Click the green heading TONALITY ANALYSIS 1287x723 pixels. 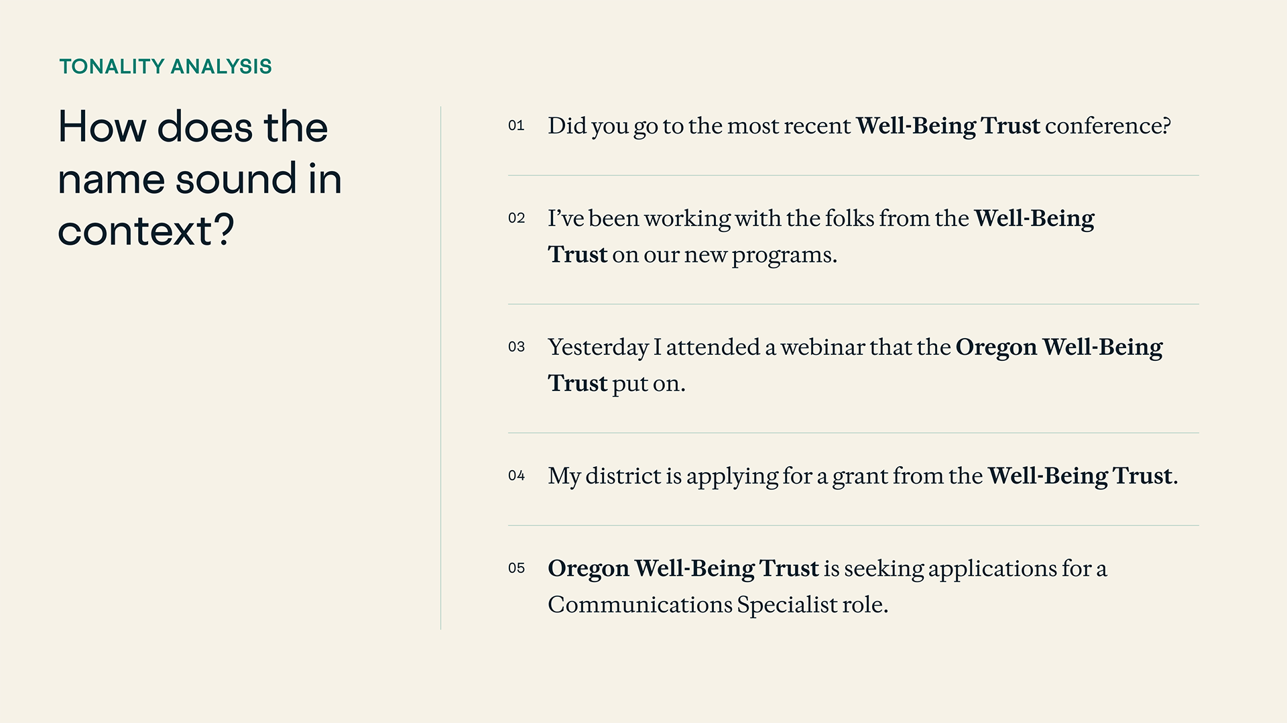tap(166, 66)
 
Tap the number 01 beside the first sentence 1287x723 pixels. tap(516, 125)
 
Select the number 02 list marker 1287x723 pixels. tap(516, 218)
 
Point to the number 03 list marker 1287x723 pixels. tap(516, 347)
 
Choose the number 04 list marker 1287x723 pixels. tap(516, 476)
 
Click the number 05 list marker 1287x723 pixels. tap(516, 568)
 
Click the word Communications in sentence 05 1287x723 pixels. tap(640, 605)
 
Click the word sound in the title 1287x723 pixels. tap(236, 179)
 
